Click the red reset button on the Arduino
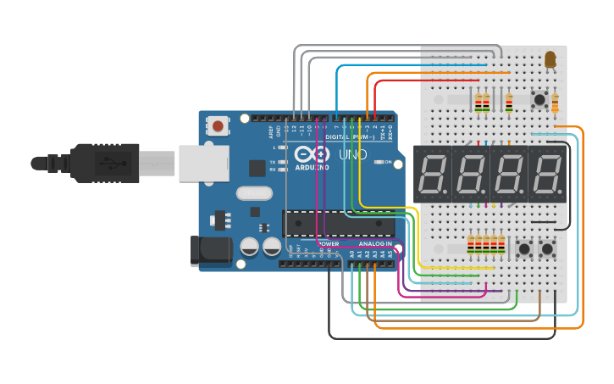pos(218,126)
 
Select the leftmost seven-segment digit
pos(434,174)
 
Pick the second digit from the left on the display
pos(472,174)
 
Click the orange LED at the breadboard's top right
pos(550,58)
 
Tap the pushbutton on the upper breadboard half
pos(539,100)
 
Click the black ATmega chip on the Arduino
pos(338,224)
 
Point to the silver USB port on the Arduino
pos(196,162)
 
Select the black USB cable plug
pos(102,162)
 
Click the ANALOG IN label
pos(374,244)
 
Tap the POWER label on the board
pos(329,244)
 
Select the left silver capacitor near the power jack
pos(250,247)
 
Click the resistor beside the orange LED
pos(556,103)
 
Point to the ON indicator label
pos(390,162)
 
